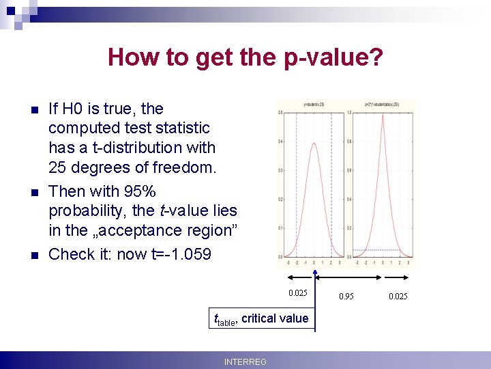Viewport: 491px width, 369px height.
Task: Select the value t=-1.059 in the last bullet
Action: coord(179,254)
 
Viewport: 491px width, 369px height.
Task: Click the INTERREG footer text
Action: coord(245,361)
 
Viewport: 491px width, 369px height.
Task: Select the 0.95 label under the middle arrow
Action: coord(347,296)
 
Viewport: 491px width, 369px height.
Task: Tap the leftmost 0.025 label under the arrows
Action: coord(297,293)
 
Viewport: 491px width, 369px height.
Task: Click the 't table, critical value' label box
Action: coord(261,318)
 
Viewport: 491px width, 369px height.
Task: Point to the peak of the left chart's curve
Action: coord(313,143)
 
